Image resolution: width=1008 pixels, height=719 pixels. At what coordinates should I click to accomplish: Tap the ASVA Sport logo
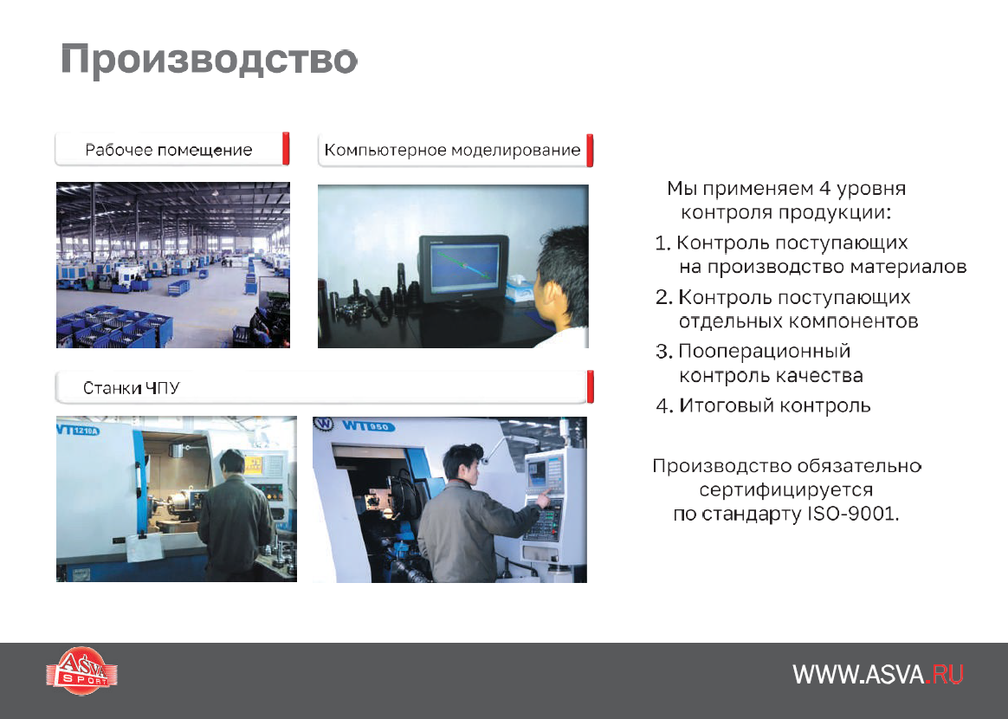point(81,670)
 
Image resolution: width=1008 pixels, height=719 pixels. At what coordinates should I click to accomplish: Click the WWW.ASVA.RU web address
point(877,675)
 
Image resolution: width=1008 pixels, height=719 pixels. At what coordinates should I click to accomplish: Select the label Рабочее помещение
point(168,150)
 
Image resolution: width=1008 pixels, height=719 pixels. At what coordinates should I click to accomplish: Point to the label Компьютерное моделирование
point(452,150)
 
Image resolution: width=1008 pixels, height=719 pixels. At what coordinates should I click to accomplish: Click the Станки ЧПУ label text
point(131,388)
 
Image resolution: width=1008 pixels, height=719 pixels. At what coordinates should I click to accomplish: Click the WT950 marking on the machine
point(368,425)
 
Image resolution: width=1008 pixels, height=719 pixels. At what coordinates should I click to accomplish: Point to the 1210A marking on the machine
point(85,431)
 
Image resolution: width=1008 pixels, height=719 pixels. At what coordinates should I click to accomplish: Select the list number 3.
point(662,352)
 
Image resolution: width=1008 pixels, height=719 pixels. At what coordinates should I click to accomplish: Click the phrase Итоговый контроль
point(775,405)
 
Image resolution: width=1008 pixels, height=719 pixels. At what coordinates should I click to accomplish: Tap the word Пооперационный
point(765,352)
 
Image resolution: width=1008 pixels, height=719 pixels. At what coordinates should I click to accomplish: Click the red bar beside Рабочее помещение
point(286,148)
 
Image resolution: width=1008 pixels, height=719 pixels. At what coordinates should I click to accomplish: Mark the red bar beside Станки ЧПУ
point(590,386)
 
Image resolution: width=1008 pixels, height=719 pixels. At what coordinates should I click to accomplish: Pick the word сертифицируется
point(785,490)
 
